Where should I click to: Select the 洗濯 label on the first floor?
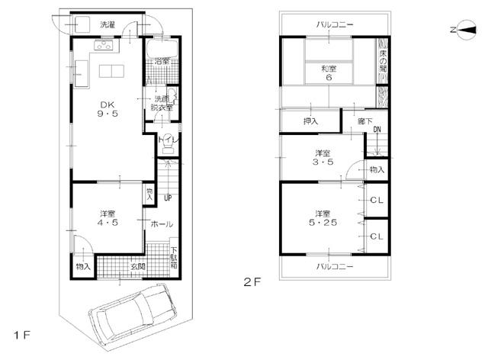[x=108, y=24]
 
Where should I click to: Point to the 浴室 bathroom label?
[x=160, y=60]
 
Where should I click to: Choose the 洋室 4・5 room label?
[x=106, y=219]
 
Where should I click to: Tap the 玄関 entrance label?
[x=138, y=266]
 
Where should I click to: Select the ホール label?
[x=161, y=224]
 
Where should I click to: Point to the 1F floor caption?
[x=21, y=335]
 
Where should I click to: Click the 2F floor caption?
[x=252, y=281]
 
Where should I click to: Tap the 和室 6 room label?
[x=329, y=72]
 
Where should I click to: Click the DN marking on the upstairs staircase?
[x=377, y=130]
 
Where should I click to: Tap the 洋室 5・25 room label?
[x=323, y=218]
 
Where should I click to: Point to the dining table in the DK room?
[x=111, y=72]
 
